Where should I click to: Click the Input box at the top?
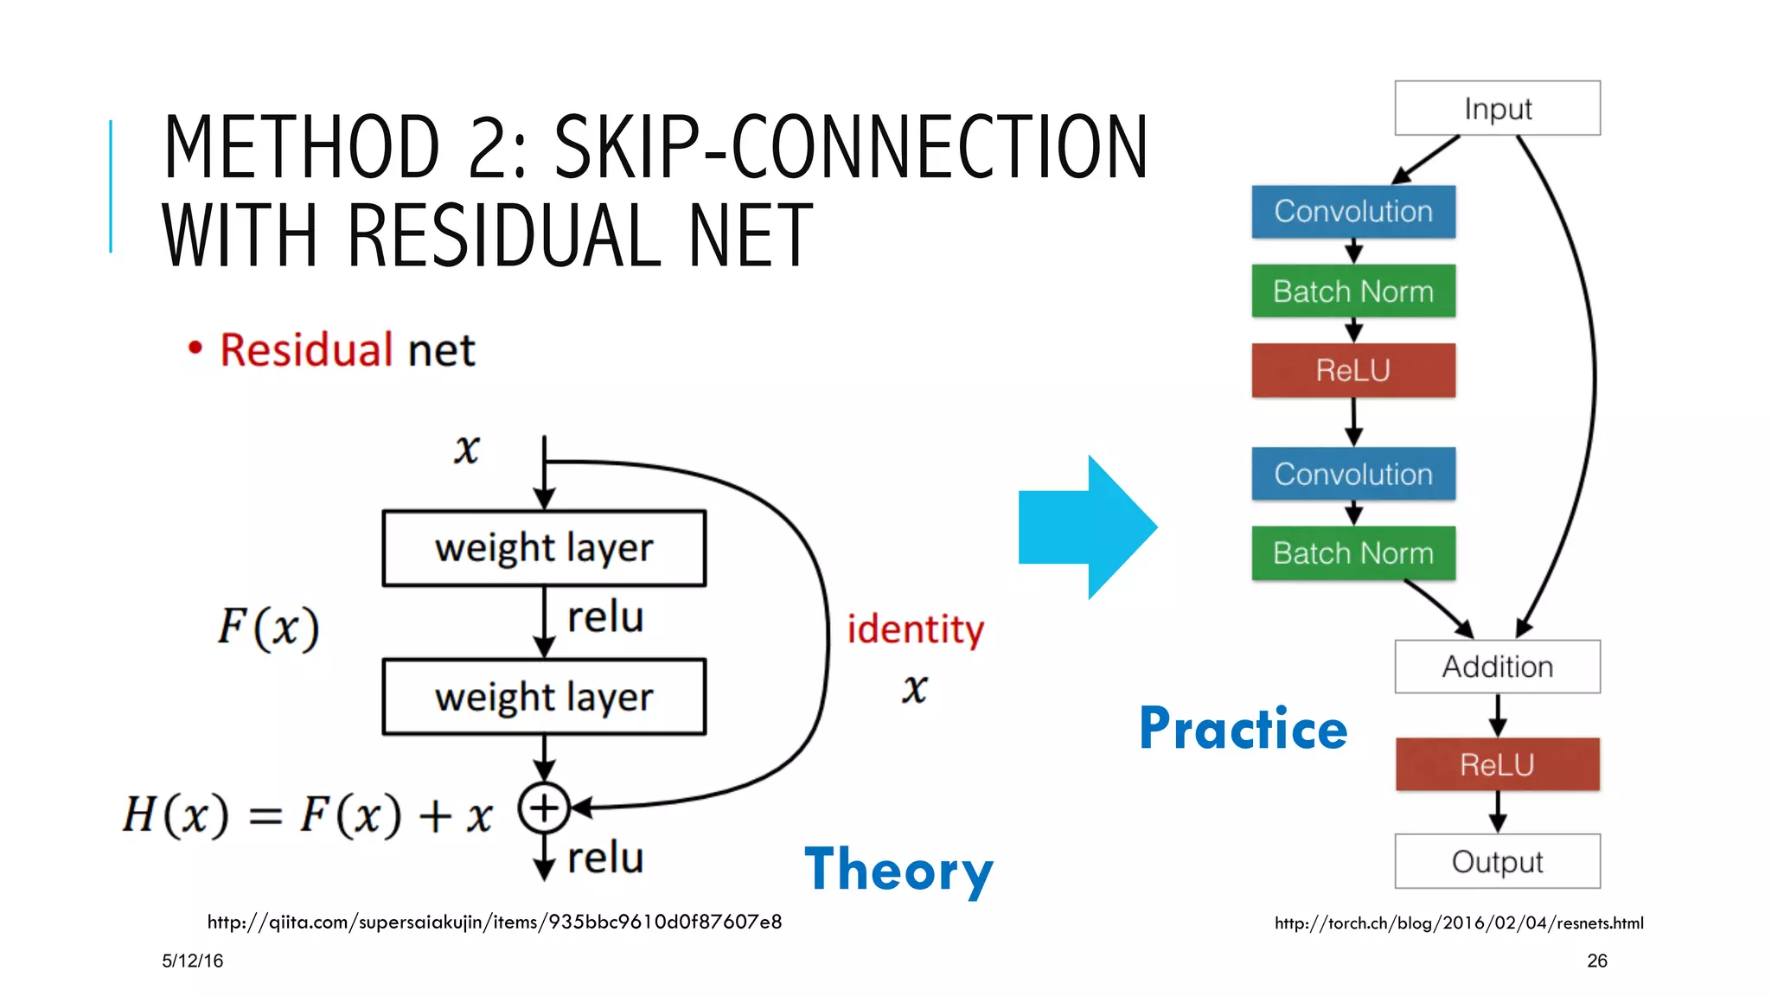(x=1497, y=108)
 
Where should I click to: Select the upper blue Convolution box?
(x=1353, y=212)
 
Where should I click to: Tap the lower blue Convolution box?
(x=1353, y=474)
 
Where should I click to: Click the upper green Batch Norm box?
(x=1353, y=291)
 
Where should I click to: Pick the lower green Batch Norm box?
(x=1353, y=553)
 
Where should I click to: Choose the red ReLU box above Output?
(x=1497, y=764)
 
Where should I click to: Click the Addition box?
(x=1497, y=667)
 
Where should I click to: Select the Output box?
(x=1497, y=861)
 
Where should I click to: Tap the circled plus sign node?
(x=544, y=808)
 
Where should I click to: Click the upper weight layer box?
(x=544, y=548)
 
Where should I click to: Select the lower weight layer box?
(x=544, y=697)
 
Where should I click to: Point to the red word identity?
(x=915, y=629)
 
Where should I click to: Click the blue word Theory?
(x=898, y=870)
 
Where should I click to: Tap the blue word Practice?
(x=1243, y=728)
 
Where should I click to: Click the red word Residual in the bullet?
(x=306, y=350)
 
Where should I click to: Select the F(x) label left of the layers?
(x=268, y=628)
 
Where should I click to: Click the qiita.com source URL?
(x=494, y=923)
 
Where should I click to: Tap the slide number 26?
(x=1596, y=961)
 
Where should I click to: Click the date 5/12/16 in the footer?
(x=192, y=961)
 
